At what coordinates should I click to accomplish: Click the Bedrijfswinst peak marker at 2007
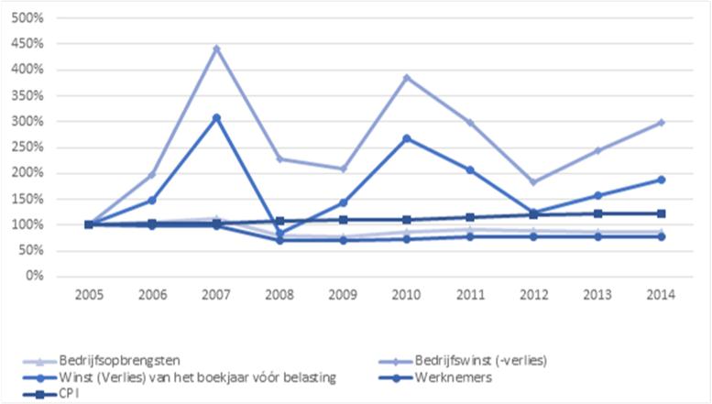pos(216,49)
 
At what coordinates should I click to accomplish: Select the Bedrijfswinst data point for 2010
pos(407,78)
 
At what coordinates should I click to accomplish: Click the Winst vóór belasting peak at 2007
pos(216,117)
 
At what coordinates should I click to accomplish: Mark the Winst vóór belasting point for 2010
pos(407,138)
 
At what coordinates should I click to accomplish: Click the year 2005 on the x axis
pos(89,295)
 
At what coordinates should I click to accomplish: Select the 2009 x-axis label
pos(343,295)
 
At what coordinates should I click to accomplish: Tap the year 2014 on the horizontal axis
pos(660,295)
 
